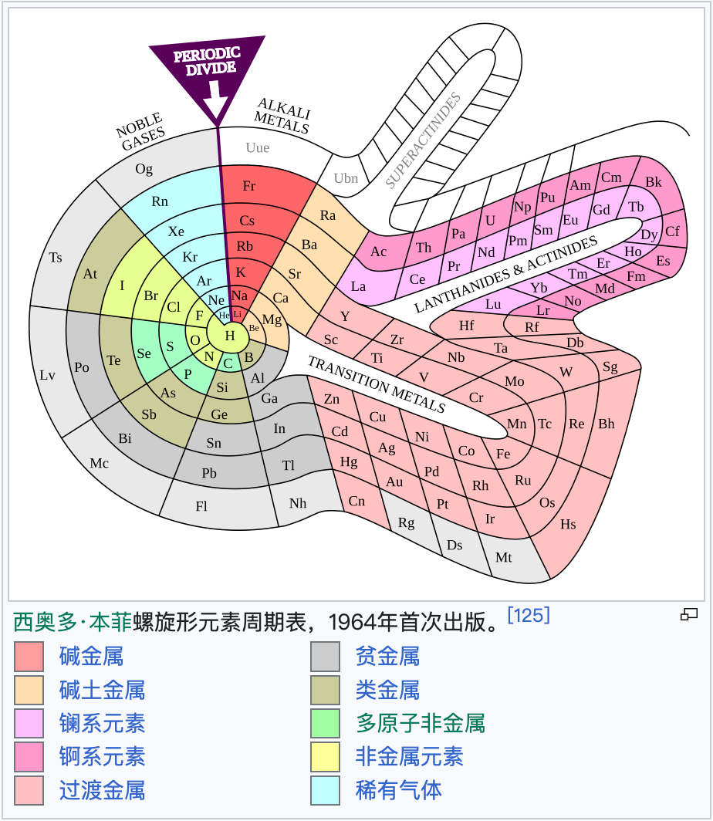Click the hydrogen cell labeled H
[229, 336]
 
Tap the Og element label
[144, 169]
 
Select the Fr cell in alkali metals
[248, 186]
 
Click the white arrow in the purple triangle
[218, 98]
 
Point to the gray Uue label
[258, 147]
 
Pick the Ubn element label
[346, 178]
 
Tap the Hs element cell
[568, 525]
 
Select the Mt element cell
[503, 557]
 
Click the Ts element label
[56, 258]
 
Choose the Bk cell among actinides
[654, 183]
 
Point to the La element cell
[358, 286]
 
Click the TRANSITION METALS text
[377, 383]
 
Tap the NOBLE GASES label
[141, 132]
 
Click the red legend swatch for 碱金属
[29, 657]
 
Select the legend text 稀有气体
[398, 789]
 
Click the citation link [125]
[529, 615]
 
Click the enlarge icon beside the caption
[689, 614]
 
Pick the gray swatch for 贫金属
[325, 657]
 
